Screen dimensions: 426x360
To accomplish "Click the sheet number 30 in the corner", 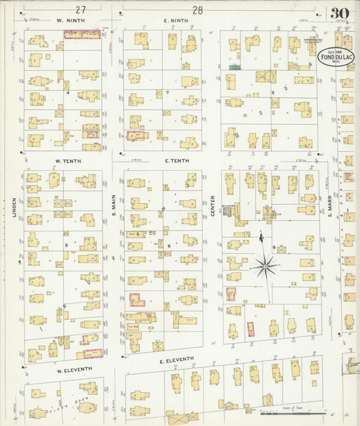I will pos(340,13).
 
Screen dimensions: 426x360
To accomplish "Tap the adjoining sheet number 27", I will pos(80,9).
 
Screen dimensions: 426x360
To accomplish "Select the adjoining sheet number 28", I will pos(197,9).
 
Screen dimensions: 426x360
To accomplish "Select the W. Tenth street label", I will pos(68,161).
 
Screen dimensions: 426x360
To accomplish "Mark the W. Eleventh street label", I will pos(70,371).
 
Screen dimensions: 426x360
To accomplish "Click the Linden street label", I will pos(13,208).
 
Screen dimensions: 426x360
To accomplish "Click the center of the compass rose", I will pos(265,267).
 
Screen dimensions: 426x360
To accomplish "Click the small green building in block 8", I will pos(234,68).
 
